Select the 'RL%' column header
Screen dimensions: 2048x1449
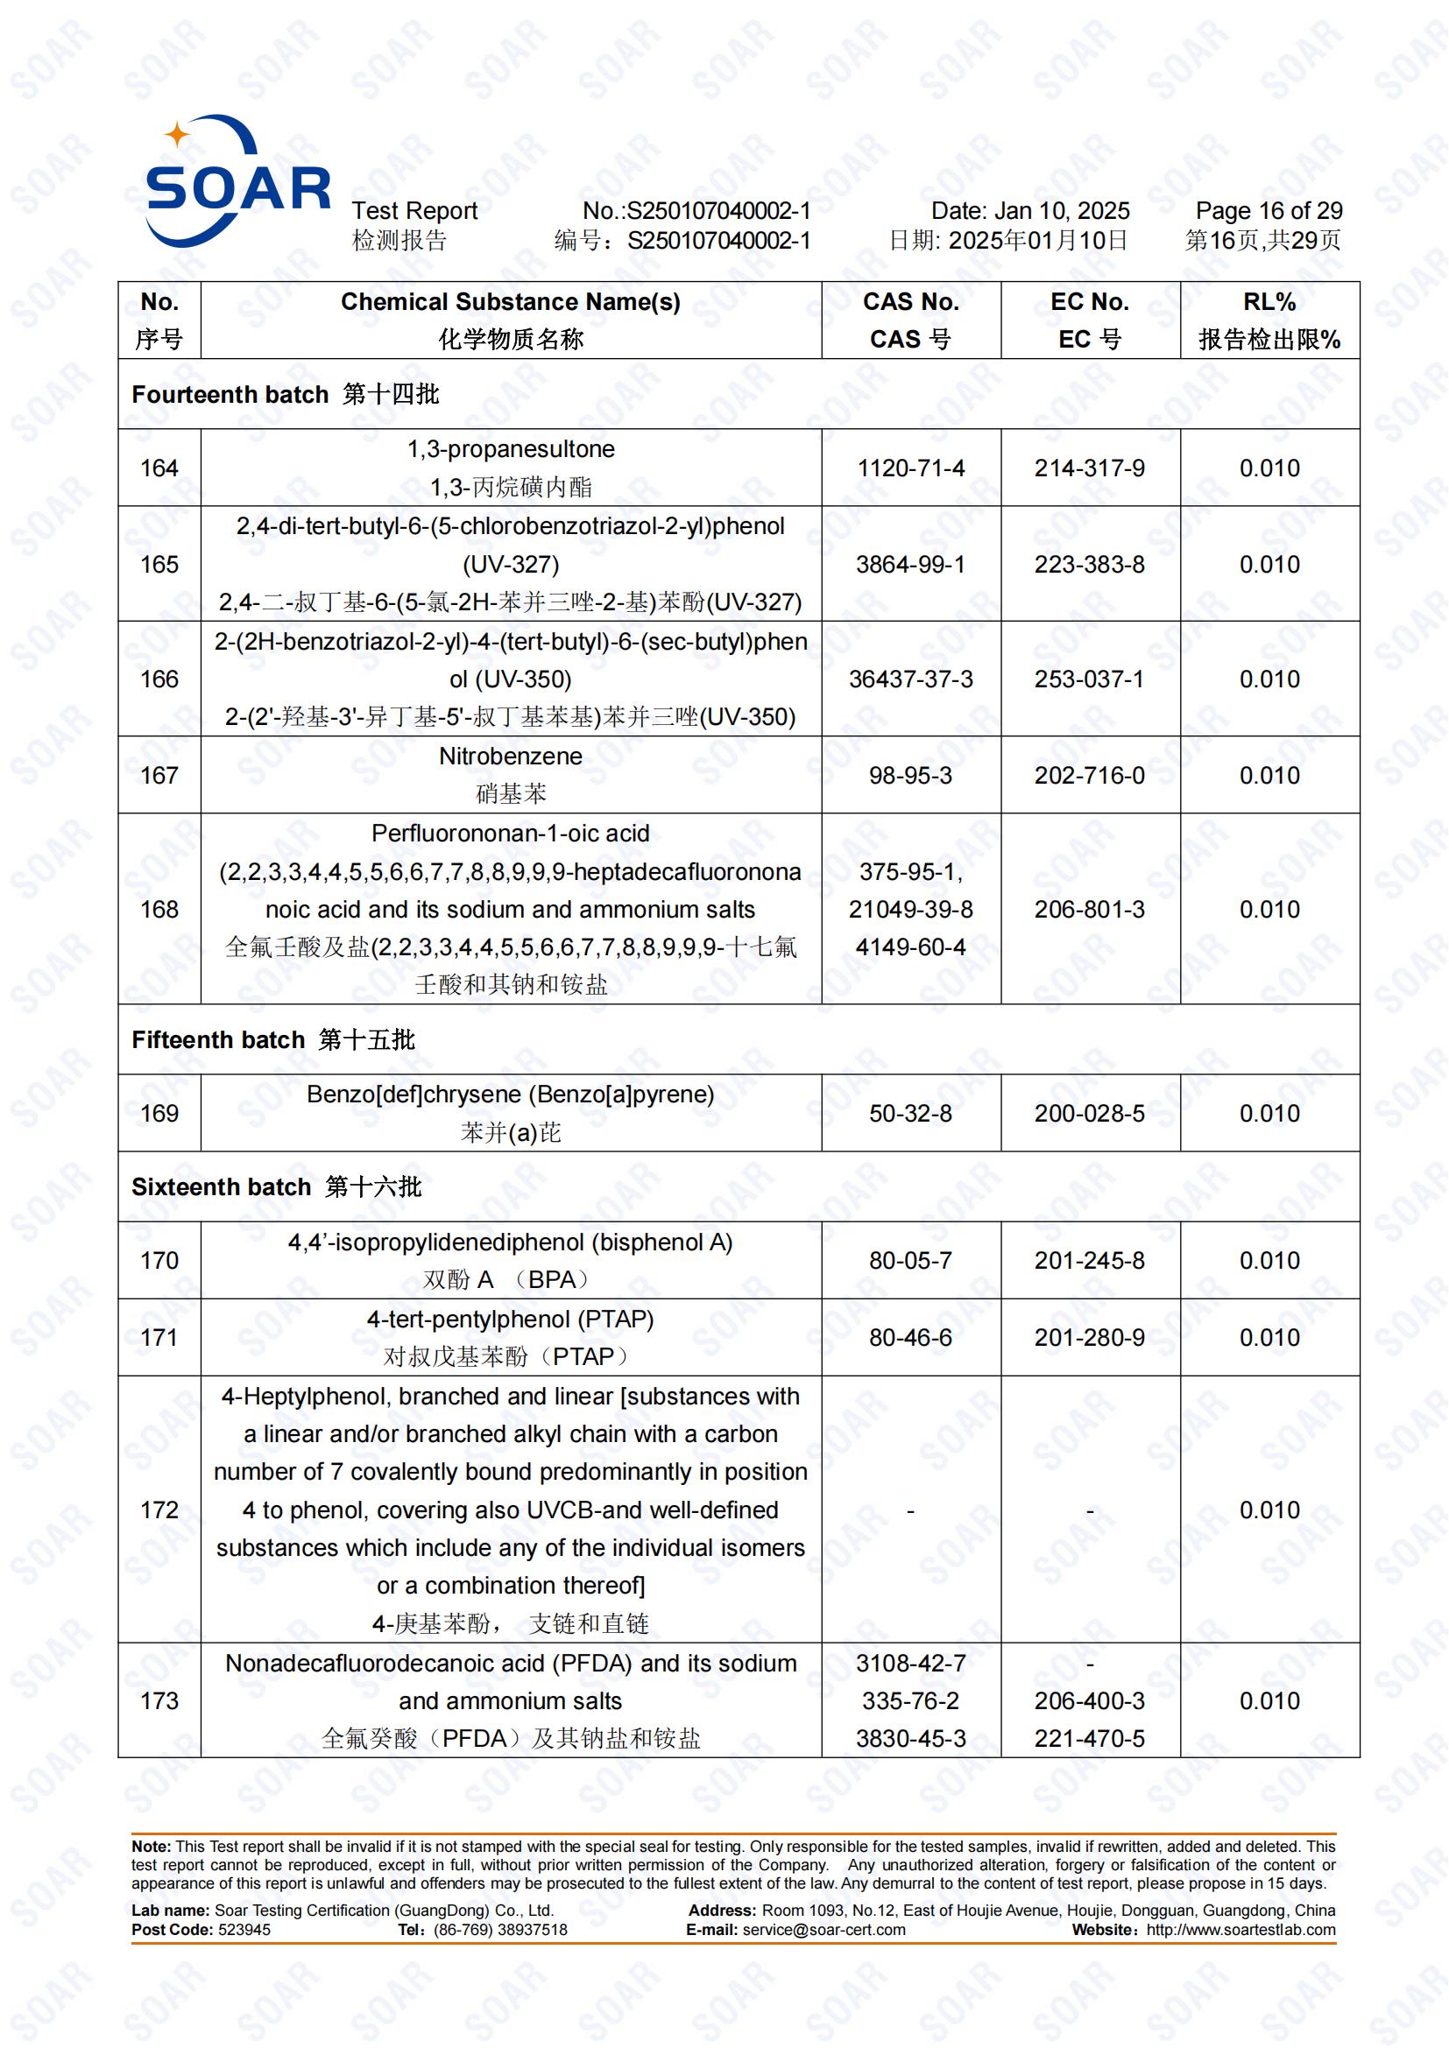(1269, 302)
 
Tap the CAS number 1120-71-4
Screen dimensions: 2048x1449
(910, 468)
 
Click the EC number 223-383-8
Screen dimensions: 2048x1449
(1089, 565)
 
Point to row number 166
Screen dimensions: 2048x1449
(159, 679)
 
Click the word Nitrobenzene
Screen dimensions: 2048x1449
(511, 757)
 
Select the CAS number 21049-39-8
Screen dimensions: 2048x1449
(910, 909)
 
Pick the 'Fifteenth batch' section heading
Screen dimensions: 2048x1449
(218, 1040)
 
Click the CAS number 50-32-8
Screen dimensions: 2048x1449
(910, 1113)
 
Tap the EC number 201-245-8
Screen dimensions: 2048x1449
(1089, 1260)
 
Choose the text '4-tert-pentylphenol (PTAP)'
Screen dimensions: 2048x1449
(511, 1320)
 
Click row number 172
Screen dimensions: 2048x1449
(159, 1510)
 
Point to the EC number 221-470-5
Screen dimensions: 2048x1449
(1089, 1739)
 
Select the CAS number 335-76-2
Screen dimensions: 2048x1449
(910, 1701)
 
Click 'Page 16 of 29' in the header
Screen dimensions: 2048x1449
(1268, 211)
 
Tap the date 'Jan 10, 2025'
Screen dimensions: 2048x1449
(1061, 211)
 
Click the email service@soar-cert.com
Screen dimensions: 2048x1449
(823, 1930)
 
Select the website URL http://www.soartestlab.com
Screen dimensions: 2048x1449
(1240, 1930)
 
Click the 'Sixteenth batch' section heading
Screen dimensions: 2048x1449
(222, 1187)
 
